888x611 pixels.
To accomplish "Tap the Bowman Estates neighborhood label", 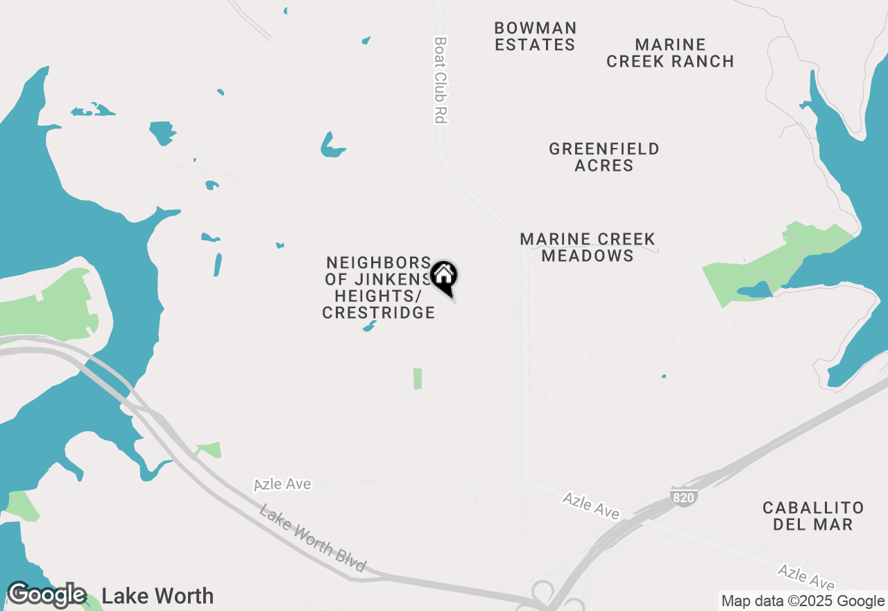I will pos(535,36).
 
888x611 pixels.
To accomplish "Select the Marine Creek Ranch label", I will pos(670,53).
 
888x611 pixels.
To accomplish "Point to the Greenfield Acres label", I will pos(604,157).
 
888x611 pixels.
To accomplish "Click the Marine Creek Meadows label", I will pos(588,247).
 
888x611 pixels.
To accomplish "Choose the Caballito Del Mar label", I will pos(813,516).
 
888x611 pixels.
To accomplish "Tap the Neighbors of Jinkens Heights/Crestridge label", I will pos(379,287).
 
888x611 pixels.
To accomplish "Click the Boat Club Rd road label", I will pos(439,81).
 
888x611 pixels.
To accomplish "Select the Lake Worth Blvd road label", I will pos(312,538).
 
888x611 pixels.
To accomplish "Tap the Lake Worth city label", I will pos(157,596).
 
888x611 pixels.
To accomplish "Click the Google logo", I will pos(46,595).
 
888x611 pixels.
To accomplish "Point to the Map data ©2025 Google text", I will pos(803,601).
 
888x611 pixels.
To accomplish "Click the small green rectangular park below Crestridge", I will pos(418,378).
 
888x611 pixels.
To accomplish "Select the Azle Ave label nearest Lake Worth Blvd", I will pos(282,484).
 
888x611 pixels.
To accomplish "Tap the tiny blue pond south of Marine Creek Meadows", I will pos(664,376).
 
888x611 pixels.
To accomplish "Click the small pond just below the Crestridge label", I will pos(369,326).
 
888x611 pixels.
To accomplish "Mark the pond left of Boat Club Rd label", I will pos(332,145).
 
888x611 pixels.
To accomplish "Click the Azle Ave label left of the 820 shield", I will pos(591,505).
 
